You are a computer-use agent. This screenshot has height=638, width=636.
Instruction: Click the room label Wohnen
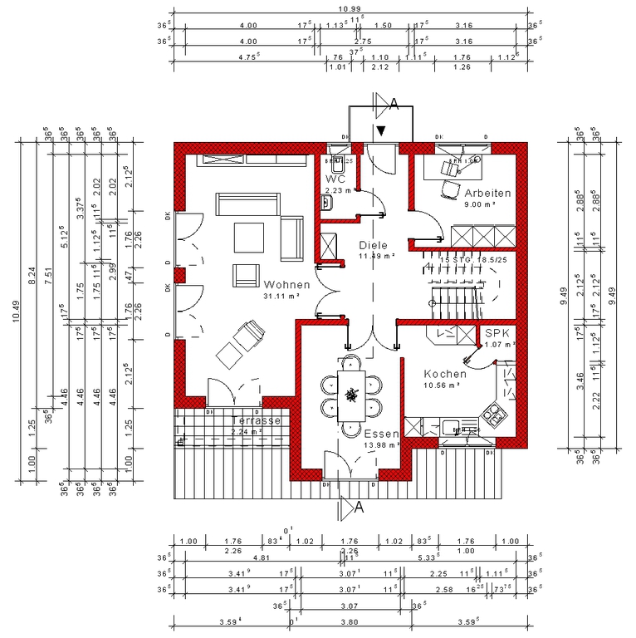(286, 284)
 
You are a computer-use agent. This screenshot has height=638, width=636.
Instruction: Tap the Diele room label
(374, 245)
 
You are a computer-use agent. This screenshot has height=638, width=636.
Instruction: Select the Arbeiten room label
(487, 193)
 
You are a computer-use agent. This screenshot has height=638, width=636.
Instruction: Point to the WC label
(335, 179)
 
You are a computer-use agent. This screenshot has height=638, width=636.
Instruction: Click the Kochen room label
(445, 374)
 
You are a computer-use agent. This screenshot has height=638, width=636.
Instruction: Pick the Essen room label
(381, 434)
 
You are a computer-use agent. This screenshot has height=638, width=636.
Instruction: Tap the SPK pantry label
(497, 332)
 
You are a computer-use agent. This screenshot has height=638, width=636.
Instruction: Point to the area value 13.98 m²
(382, 445)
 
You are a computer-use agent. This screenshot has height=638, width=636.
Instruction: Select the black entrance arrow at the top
(380, 130)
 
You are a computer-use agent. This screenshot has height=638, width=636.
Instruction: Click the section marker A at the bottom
(360, 506)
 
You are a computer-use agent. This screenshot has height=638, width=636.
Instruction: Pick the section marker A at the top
(394, 103)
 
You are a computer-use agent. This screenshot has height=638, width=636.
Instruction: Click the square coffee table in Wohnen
(247, 237)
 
